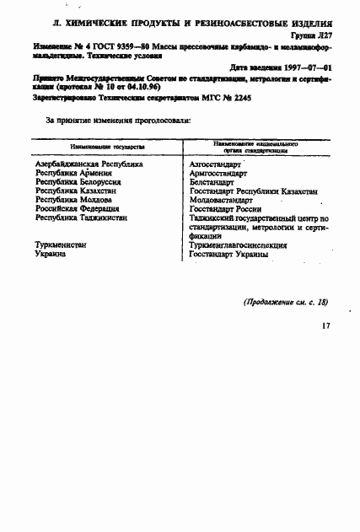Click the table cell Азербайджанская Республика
89,164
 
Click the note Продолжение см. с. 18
286,302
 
